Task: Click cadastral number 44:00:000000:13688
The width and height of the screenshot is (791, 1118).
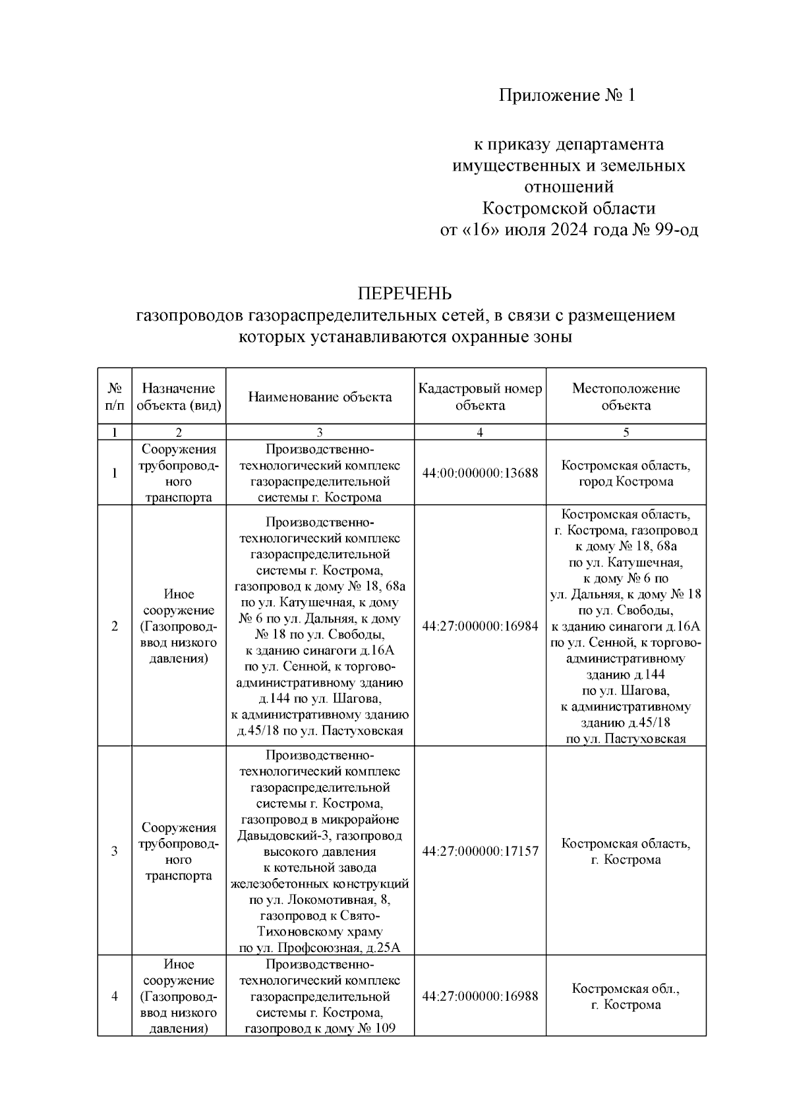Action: tap(480, 473)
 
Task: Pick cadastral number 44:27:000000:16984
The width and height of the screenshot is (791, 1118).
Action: tap(480, 626)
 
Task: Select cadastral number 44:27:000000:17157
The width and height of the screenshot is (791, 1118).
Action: tap(480, 851)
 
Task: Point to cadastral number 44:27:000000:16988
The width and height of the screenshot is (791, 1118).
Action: tap(480, 996)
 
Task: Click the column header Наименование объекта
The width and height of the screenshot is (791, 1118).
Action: tap(320, 397)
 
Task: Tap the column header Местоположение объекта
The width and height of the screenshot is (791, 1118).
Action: tap(626, 397)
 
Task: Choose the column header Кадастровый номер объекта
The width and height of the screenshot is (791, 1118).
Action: tap(480, 397)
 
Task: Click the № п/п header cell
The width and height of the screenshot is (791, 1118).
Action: tap(115, 397)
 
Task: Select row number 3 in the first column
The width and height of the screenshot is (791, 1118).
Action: tap(115, 851)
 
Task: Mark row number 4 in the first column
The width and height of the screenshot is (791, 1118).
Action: tap(115, 996)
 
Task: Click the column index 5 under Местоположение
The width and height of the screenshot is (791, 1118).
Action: tap(626, 432)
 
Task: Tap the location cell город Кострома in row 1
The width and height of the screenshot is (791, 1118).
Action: tap(626, 482)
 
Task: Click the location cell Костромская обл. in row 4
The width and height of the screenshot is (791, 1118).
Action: tap(626, 989)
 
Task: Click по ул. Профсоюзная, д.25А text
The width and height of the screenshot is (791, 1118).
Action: tap(320, 948)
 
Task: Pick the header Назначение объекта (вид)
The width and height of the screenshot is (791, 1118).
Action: tap(179, 397)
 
